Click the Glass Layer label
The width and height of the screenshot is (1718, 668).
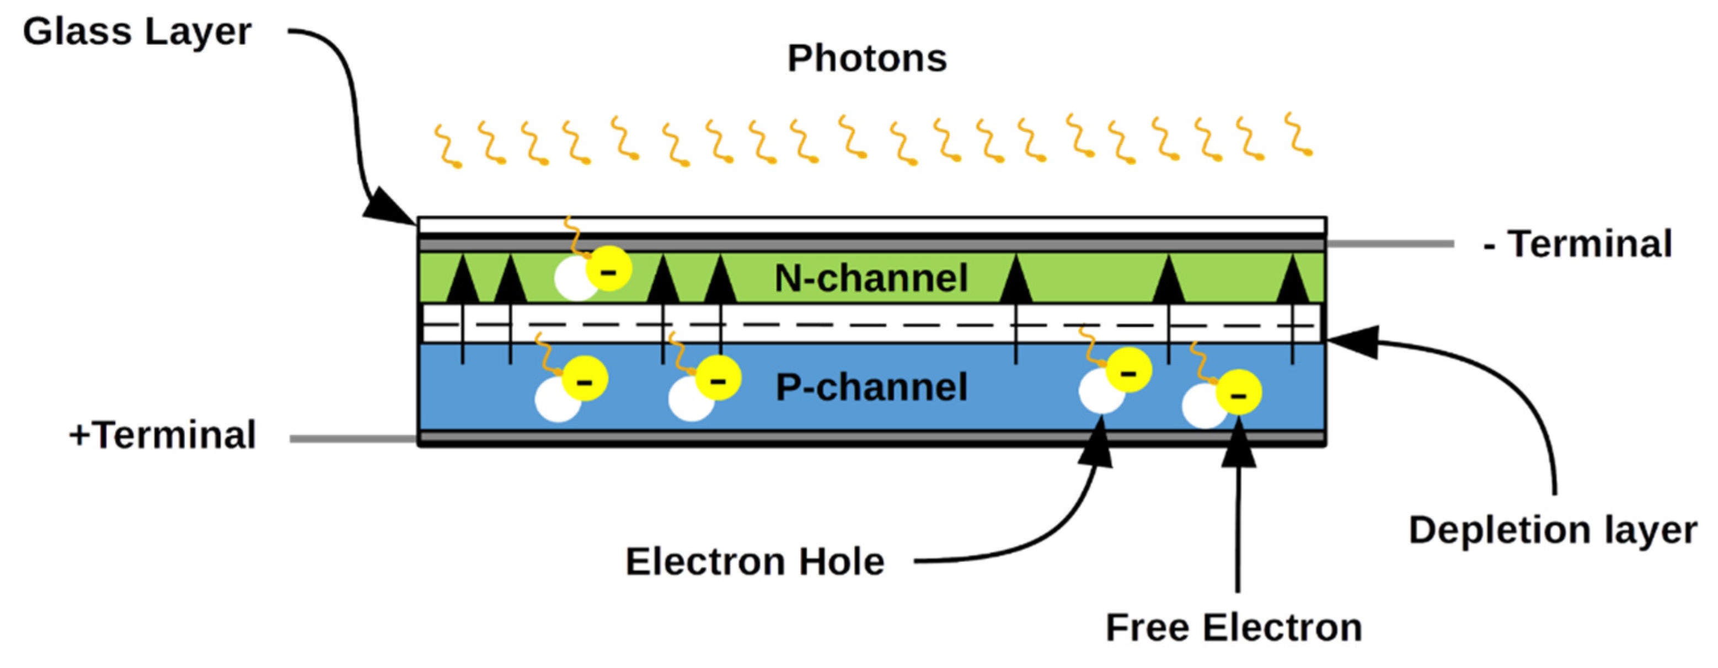tap(137, 32)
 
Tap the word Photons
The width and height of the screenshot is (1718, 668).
tap(866, 58)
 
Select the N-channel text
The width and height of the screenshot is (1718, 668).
tap(870, 278)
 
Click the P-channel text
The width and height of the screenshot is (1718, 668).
tap(870, 387)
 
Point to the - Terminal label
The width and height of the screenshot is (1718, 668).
tap(1577, 244)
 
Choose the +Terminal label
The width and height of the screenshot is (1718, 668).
tap(162, 435)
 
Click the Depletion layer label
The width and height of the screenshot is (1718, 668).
tap(1553, 531)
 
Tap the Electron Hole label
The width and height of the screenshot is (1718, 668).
tap(754, 561)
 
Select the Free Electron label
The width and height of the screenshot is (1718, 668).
tap(1234, 627)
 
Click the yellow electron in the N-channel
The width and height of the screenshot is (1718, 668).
tap(608, 268)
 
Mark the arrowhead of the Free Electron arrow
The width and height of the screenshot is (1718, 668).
tap(1239, 450)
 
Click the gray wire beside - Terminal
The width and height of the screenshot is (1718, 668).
tap(1390, 244)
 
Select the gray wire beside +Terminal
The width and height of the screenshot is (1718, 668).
tap(354, 439)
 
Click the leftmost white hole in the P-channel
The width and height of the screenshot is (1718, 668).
tap(557, 400)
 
